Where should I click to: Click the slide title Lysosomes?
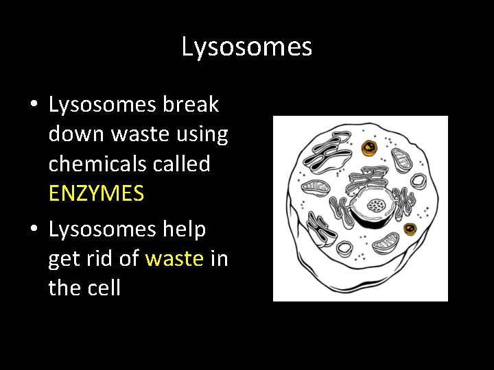tap(247, 47)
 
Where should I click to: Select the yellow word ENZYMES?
tap(96, 194)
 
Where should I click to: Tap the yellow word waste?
tap(174, 258)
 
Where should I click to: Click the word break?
tap(191, 105)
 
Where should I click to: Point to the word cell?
tap(104, 288)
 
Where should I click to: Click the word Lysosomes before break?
tap(103, 105)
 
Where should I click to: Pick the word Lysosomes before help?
tap(103, 230)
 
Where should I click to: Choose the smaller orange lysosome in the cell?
tap(411, 228)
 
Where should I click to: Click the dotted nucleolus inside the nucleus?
tap(375, 205)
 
